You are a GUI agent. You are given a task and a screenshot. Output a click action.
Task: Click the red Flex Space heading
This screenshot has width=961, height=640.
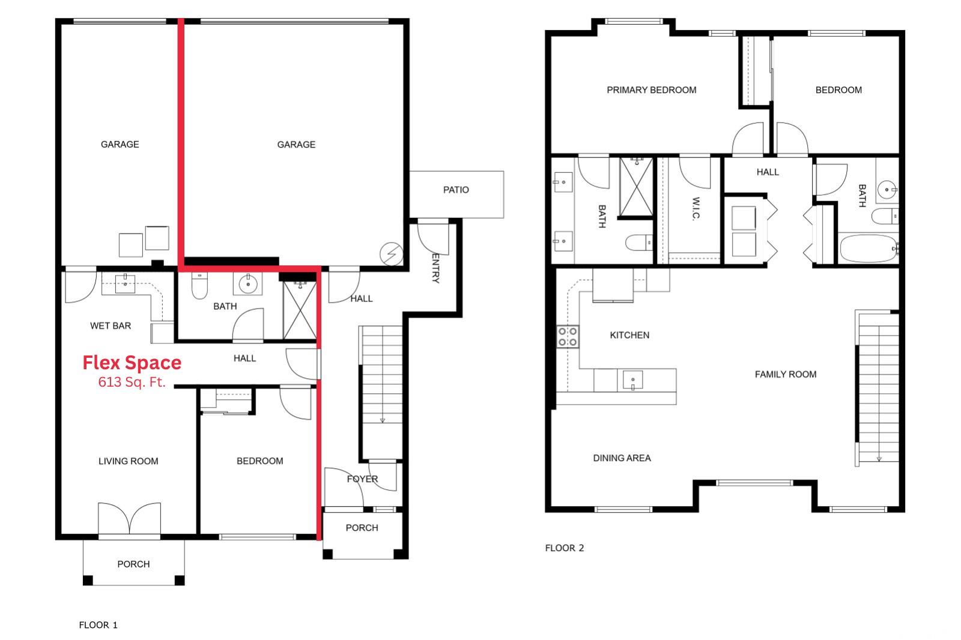click(132, 363)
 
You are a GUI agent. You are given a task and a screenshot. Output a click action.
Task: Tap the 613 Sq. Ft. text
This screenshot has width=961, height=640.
click(132, 382)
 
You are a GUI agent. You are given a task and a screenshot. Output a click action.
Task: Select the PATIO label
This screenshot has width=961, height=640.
click(456, 190)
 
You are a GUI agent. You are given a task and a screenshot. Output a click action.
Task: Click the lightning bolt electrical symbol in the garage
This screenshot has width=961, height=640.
click(391, 254)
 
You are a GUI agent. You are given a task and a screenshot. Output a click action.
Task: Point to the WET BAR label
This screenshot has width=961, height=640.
click(111, 325)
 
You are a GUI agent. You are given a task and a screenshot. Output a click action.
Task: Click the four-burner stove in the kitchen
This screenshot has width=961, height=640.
click(568, 337)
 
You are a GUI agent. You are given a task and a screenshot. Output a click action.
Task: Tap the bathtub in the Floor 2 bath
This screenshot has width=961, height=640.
click(869, 249)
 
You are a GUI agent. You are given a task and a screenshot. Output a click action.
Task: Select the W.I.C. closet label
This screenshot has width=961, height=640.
click(696, 208)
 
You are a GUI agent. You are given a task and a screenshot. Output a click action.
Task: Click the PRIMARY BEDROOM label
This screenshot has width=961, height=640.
click(651, 90)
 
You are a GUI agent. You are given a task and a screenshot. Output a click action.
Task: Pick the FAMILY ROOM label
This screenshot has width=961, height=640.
click(786, 375)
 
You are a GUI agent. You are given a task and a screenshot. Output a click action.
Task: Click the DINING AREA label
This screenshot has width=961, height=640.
click(622, 458)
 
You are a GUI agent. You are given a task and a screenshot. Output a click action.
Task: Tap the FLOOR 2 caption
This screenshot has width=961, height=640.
click(565, 548)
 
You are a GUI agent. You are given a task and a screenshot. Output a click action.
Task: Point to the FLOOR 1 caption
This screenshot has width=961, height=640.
click(99, 625)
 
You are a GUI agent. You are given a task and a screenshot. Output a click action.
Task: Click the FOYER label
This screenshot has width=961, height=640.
click(363, 478)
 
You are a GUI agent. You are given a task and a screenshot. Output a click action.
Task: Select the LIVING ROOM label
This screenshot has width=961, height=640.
click(129, 461)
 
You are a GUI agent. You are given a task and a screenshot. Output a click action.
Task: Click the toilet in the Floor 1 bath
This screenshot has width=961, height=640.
click(199, 285)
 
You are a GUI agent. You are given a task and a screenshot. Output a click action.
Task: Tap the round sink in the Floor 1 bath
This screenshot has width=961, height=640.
click(248, 283)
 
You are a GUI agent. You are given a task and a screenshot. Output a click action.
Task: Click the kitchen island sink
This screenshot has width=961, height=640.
click(633, 380)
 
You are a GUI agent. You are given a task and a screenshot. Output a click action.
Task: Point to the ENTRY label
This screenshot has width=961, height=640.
click(435, 268)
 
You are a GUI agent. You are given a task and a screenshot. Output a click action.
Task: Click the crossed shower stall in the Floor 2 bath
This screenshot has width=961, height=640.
click(637, 187)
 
